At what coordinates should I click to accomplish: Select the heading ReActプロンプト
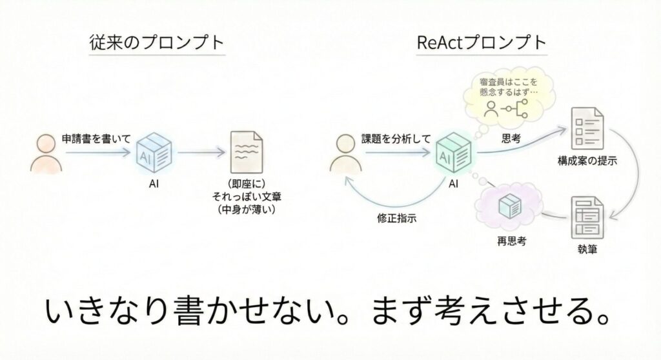[482, 43]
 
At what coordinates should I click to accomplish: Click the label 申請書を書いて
[90, 139]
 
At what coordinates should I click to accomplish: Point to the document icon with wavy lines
[247, 152]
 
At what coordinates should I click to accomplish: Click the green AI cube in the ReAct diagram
[456, 154]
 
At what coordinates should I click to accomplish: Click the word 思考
[511, 138]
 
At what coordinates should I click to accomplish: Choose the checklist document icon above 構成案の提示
[585, 126]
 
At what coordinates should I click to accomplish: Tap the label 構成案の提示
[586, 161]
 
